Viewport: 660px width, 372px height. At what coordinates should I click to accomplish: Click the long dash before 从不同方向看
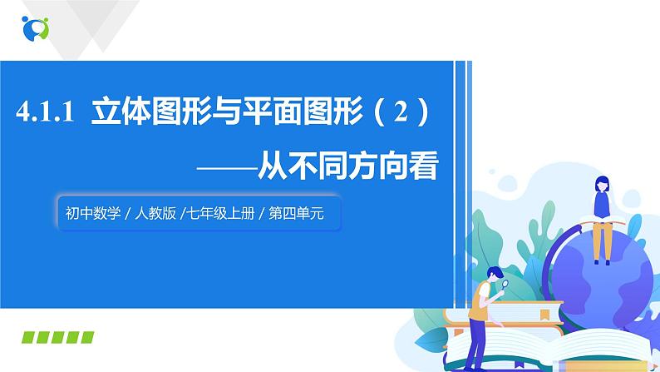click(x=223, y=165)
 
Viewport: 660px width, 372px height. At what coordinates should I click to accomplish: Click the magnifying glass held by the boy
click(x=505, y=283)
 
